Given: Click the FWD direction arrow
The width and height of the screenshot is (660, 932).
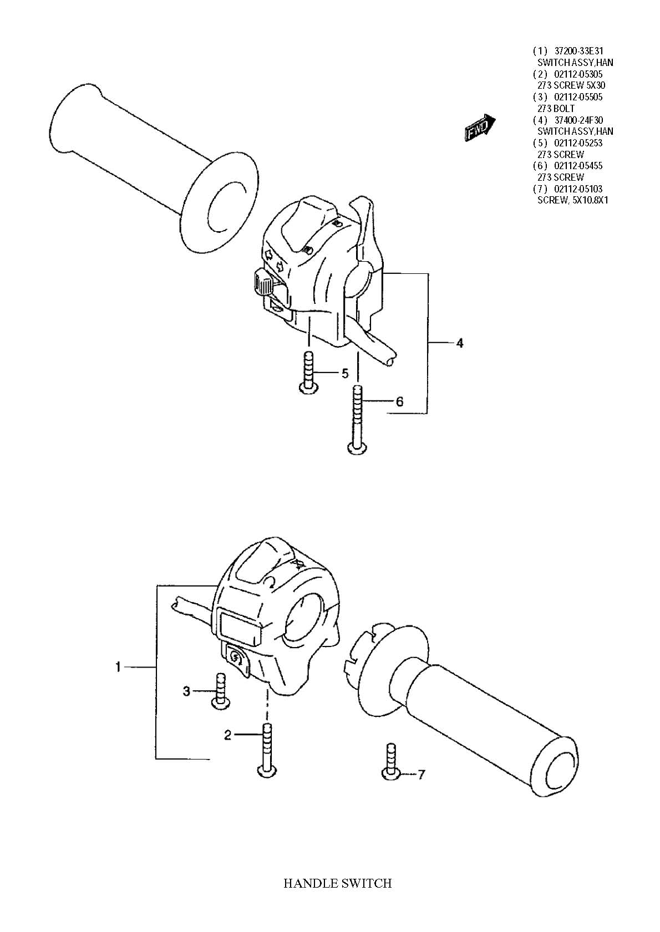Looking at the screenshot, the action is pyautogui.click(x=480, y=128).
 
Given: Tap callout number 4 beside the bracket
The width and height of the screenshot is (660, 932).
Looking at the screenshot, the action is pyautogui.click(x=459, y=343).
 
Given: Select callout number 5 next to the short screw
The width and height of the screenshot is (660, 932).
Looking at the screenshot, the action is pyautogui.click(x=345, y=373).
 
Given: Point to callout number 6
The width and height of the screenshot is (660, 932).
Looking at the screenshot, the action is pyautogui.click(x=399, y=401).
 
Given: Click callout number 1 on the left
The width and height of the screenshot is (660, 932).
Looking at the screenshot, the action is pyautogui.click(x=118, y=667).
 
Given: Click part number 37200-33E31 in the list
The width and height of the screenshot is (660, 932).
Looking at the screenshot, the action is pyautogui.click(x=578, y=51).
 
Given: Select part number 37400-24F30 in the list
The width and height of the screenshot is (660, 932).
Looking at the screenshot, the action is pyautogui.click(x=578, y=120).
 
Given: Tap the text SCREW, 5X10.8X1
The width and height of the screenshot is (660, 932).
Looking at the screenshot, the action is pyautogui.click(x=573, y=200).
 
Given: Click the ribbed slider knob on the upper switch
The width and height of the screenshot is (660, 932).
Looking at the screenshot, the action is pyautogui.click(x=261, y=282).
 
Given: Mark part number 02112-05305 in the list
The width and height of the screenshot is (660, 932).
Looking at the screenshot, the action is pyautogui.click(x=578, y=74).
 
